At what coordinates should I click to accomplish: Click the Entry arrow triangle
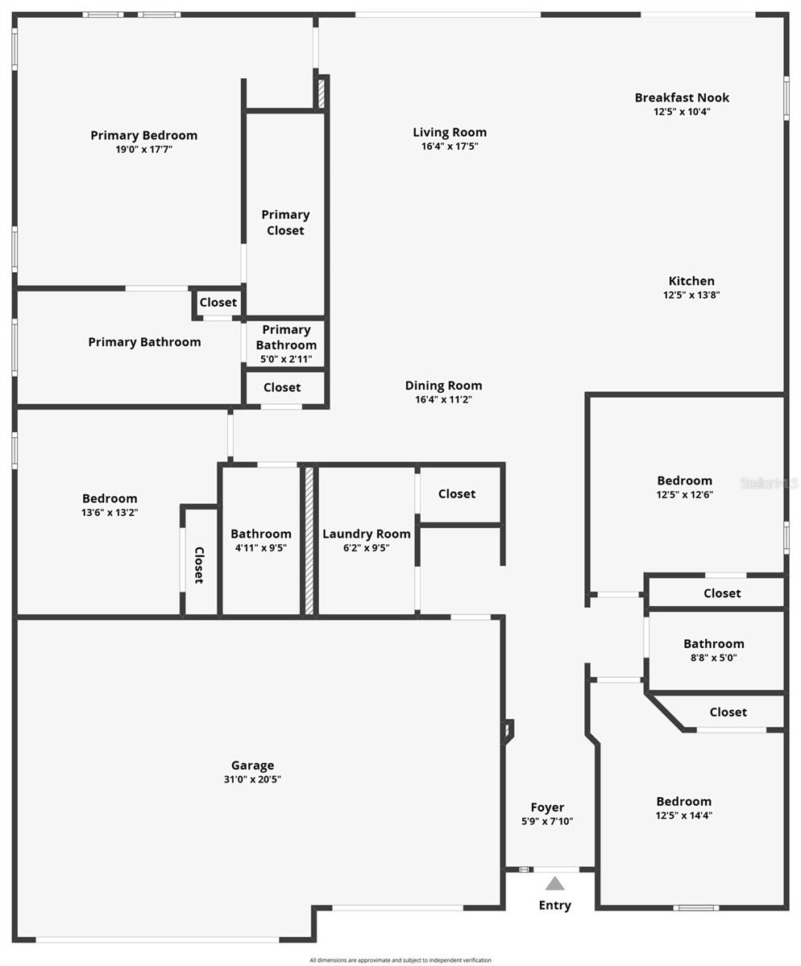coord(555,884)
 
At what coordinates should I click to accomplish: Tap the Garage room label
coord(252,766)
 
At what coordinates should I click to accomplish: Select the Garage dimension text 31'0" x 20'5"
coord(252,779)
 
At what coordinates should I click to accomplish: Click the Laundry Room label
coord(367,534)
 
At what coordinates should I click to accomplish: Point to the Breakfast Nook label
coord(682,97)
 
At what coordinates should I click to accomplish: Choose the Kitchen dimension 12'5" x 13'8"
coord(691,295)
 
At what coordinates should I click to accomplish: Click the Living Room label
coord(450,132)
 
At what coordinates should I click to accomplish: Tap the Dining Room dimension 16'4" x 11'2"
coord(443,399)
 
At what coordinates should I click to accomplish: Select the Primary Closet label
coord(285,222)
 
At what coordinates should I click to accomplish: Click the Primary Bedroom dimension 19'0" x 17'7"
coord(144,149)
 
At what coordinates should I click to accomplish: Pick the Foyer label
coord(547,807)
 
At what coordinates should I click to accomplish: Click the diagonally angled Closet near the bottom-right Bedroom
coord(728,712)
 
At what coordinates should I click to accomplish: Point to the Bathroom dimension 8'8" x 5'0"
coord(714,658)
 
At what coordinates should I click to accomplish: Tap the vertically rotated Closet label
coord(199,564)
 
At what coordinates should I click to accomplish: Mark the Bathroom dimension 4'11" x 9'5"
coord(261,547)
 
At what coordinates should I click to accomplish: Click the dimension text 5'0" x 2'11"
coord(286,359)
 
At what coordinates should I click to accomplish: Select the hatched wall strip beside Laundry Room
coord(309,540)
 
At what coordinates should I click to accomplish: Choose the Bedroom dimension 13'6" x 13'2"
coord(110,512)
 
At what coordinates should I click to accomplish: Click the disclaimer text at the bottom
coord(400,960)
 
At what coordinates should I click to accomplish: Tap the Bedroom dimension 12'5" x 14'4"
coord(684,815)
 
